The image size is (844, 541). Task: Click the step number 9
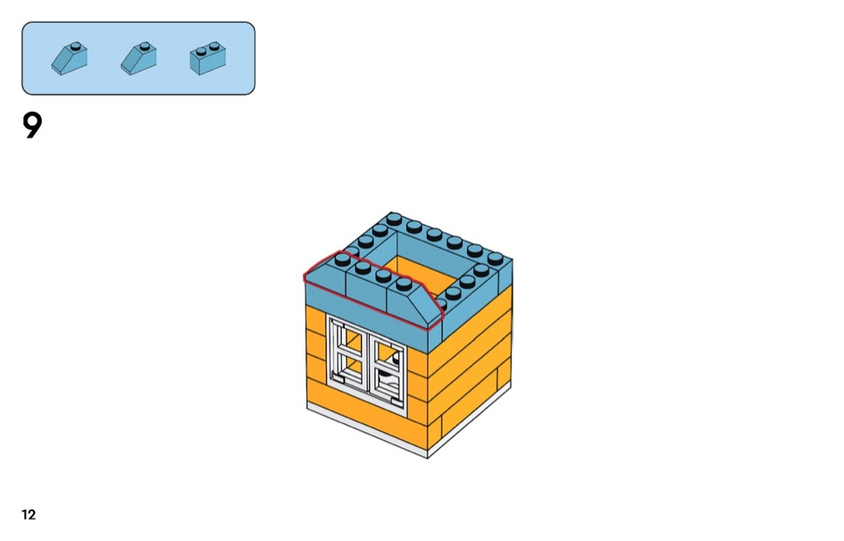[x=31, y=125]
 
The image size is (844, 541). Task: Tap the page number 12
[x=29, y=515]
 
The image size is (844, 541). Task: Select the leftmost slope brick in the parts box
[x=70, y=59]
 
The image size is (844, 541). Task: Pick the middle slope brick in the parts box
[x=139, y=59]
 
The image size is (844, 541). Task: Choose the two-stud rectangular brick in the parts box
[x=207, y=59]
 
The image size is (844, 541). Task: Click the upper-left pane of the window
[x=348, y=338]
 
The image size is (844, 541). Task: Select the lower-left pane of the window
[x=348, y=369]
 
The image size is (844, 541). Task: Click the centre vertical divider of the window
[x=368, y=359]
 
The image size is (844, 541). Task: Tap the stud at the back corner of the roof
[x=394, y=218]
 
